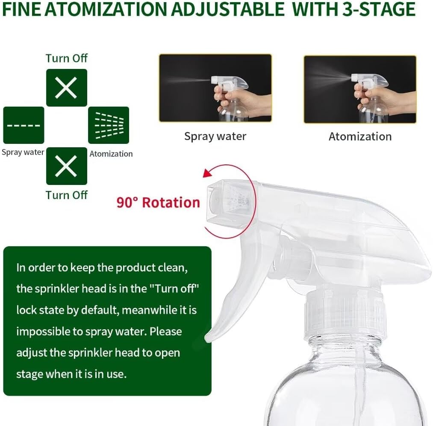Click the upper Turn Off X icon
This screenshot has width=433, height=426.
tap(66, 88)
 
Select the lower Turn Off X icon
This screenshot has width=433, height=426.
tap(66, 166)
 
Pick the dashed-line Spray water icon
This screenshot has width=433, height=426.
tap(24, 125)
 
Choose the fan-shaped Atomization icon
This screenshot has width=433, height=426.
tap(109, 125)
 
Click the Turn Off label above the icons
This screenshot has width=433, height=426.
tap(67, 58)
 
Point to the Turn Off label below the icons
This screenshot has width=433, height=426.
tap(67, 195)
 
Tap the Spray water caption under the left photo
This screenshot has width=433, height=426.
tap(215, 137)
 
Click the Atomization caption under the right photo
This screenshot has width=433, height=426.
tap(360, 137)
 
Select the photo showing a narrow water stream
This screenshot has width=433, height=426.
tap(215, 88)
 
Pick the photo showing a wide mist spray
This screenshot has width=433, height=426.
tap(360, 88)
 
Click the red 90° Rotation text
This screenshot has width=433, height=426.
tap(158, 203)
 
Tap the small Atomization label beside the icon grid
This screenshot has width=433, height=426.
tap(111, 154)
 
